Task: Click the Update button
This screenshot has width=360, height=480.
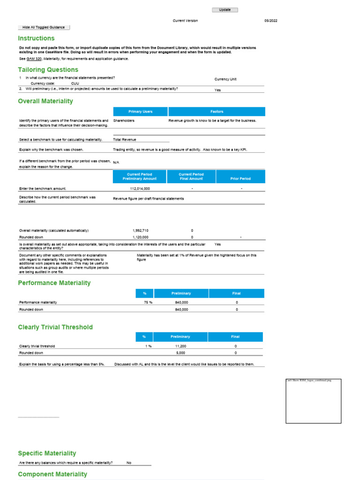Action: (225, 10)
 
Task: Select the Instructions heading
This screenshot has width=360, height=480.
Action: (36, 38)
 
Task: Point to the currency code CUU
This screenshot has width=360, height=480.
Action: (75, 83)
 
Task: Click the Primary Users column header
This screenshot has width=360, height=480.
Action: (141, 112)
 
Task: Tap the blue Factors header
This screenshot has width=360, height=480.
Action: (217, 112)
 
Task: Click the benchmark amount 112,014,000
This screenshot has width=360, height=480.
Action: (140, 188)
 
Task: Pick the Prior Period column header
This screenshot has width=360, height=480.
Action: (240, 179)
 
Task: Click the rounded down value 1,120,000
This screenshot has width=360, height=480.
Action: (141, 237)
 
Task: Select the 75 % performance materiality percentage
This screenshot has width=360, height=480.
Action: (148, 303)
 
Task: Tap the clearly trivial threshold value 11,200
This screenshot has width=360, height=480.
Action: (180, 346)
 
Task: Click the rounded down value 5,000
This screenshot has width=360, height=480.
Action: (180, 353)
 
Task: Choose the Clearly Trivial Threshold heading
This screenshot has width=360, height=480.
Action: (55, 327)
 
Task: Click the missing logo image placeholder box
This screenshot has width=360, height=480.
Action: (313, 401)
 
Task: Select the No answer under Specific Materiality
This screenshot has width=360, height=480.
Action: (129, 463)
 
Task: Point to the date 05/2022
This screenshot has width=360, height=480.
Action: (270, 21)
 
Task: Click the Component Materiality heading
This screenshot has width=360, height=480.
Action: (52, 474)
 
